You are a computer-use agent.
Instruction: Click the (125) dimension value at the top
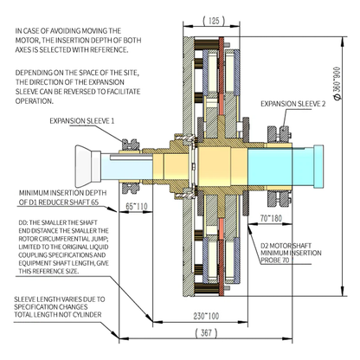(x=214, y=21)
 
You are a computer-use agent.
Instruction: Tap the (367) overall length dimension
(x=206, y=332)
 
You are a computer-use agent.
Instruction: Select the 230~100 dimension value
(x=206, y=316)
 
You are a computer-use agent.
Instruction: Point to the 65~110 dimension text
(x=137, y=206)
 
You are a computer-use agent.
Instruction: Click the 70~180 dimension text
(x=271, y=218)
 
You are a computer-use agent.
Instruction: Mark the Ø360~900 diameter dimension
(x=337, y=84)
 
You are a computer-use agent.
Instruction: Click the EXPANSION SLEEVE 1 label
(x=82, y=120)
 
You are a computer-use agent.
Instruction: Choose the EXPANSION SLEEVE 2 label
(x=293, y=104)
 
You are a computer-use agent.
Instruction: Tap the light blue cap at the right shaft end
(x=318, y=166)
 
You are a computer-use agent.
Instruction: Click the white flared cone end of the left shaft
(x=83, y=166)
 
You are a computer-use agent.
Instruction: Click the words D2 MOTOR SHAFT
(x=286, y=246)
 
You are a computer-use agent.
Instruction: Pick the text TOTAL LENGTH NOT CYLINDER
(x=58, y=314)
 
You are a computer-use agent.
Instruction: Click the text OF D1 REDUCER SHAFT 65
(x=59, y=202)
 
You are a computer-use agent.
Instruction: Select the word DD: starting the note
(x=22, y=222)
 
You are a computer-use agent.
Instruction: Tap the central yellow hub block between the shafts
(x=215, y=166)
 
